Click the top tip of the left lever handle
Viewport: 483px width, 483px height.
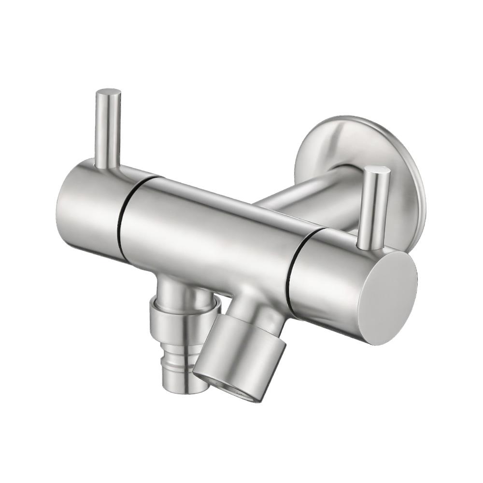point(108,92)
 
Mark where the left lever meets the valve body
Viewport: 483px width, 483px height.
point(107,167)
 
